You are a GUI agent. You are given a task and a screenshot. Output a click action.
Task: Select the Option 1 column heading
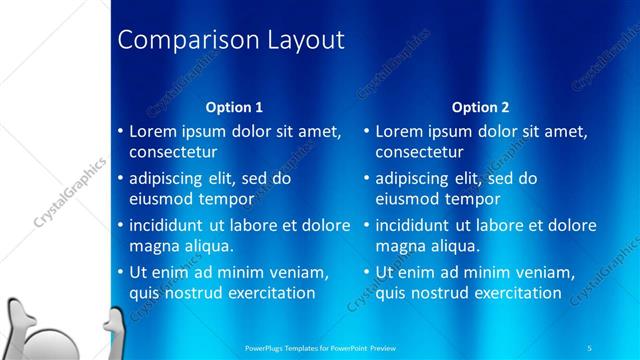(x=234, y=107)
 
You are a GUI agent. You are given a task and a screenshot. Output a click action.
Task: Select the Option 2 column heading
(x=480, y=107)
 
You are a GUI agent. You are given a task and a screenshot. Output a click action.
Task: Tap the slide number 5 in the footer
(x=591, y=347)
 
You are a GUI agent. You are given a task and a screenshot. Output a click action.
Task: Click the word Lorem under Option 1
(x=153, y=131)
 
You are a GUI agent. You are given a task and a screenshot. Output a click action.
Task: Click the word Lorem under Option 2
(x=399, y=131)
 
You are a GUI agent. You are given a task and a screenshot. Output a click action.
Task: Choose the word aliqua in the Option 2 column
(x=456, y=246)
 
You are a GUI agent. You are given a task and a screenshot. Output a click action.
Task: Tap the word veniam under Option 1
(x=301, y=272)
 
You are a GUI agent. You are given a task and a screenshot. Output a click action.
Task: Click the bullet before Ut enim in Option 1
(x=120, y=272)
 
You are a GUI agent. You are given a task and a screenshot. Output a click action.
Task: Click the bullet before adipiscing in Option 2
(x=366, y=179)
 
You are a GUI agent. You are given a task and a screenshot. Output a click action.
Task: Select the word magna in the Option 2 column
(x=400, y=246)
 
